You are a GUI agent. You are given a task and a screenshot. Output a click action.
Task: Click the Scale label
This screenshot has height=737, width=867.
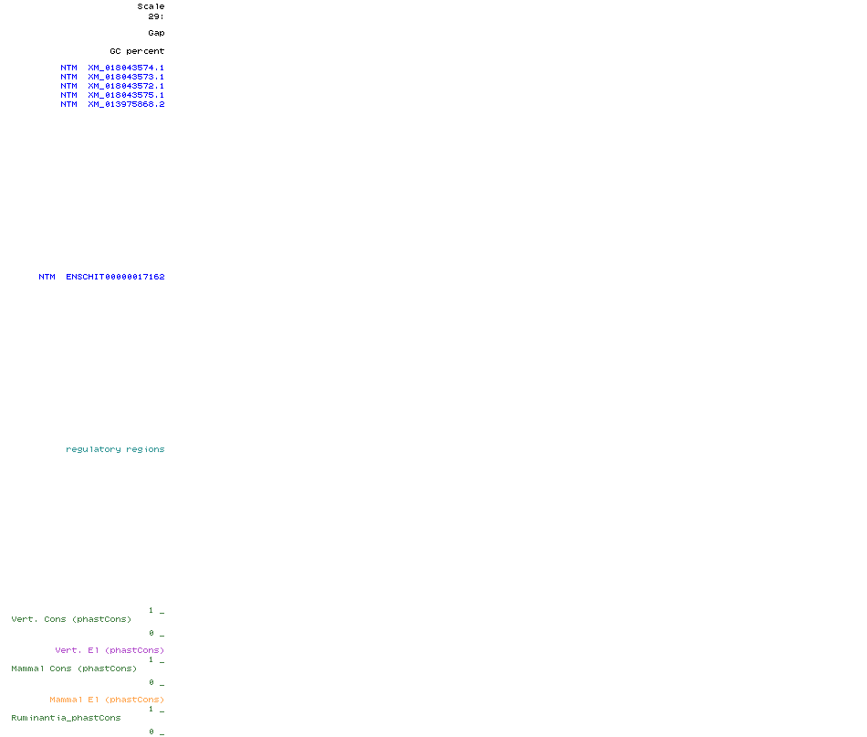point(151,6)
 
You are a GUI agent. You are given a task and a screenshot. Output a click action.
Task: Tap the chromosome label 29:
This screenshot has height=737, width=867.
point(156,16)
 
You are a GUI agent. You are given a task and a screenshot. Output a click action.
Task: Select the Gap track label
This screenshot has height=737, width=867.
point(156,33)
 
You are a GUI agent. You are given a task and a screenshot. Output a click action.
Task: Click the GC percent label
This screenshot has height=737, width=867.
point(137,51)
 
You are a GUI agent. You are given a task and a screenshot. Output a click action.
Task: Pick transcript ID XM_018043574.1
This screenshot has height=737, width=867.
point(126,68)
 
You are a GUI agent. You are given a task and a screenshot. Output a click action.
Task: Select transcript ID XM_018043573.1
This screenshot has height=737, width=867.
point(126,77)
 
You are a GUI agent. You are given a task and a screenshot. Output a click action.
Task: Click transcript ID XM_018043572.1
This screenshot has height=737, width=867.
point(126,86)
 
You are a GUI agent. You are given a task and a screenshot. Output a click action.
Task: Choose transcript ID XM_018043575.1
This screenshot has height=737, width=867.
point(126,95)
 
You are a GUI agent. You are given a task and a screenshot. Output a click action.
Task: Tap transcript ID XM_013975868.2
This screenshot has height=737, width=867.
point(126,104)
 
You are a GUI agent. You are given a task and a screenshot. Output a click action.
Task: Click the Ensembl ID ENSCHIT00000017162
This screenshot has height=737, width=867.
point(115,277)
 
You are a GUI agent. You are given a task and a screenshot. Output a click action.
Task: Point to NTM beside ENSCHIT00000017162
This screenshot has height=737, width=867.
point(47,277)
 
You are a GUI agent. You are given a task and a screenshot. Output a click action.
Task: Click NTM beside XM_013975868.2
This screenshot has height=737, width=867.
point(69,104)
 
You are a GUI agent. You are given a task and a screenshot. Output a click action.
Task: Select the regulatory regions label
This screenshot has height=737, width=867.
point(115,449)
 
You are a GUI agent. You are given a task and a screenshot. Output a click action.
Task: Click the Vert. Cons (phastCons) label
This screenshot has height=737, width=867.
point(71,619)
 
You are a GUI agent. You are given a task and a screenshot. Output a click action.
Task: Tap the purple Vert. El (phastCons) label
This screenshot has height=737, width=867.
point(110,650)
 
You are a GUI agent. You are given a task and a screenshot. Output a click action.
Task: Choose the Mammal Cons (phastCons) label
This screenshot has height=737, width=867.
point(74,669)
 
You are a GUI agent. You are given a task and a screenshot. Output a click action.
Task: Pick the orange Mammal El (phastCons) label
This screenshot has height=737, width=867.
point(107,700)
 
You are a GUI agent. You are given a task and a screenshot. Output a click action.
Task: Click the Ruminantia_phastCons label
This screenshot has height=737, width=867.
point(66,718)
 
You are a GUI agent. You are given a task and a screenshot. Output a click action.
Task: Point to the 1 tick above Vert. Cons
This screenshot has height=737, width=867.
point(151,610)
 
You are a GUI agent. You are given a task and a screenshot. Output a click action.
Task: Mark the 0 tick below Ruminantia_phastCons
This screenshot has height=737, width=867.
point(151,732)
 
